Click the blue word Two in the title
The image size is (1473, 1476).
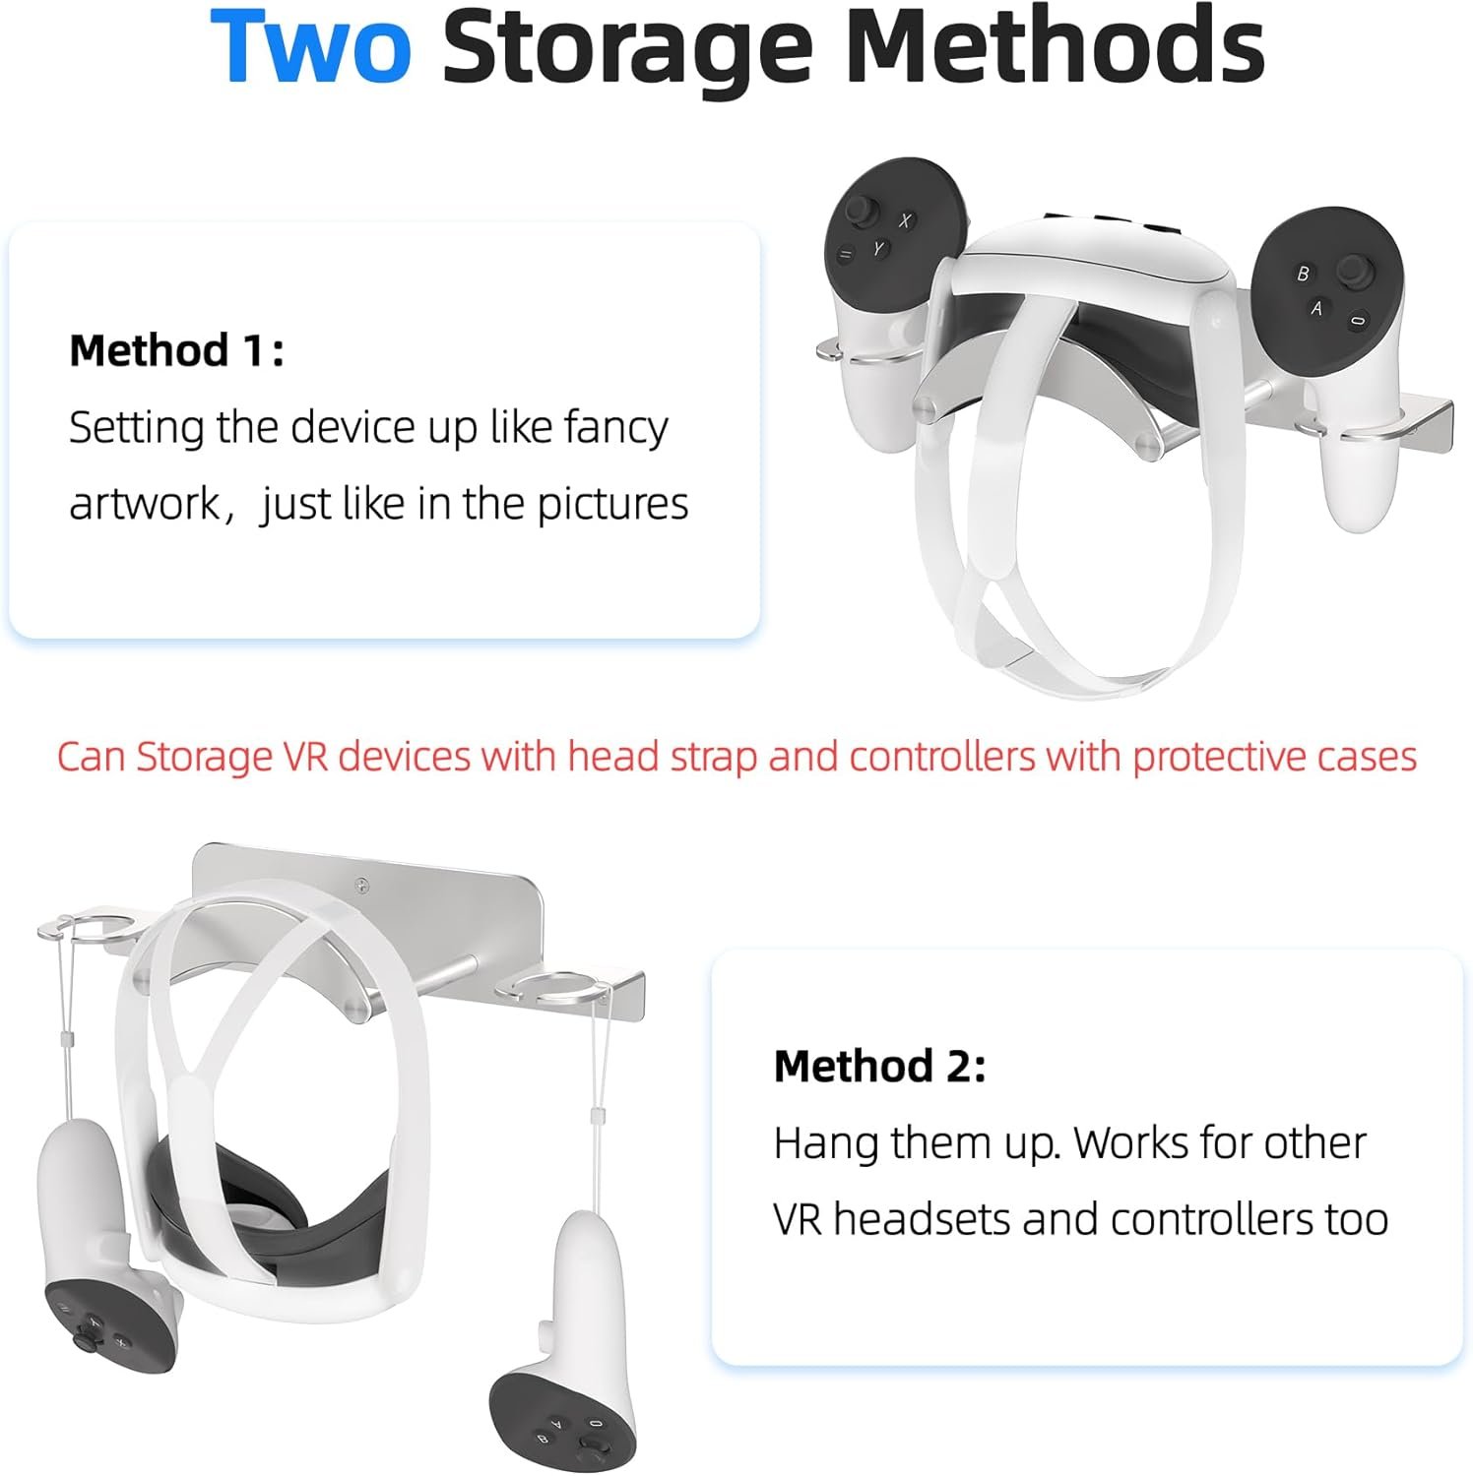(x=310, y=46)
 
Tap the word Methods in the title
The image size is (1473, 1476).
(x=1055, y=46)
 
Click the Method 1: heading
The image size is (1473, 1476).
(x=176, y=350)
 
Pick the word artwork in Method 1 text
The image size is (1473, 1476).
(x=144, y=504)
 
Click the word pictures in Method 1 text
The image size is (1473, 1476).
(x=611, y=504)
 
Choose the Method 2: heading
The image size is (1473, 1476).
(x=879, y=1066)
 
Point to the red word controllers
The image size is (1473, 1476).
(x=942, y=757)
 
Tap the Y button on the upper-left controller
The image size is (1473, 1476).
(x=878, y=250)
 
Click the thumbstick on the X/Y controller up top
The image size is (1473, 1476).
(x=864, y=211)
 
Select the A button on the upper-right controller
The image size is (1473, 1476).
(x=1316, y=309)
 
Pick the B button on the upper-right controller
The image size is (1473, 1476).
(x=1303, y=274)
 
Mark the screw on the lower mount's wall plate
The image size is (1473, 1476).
(x=363, y=887)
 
